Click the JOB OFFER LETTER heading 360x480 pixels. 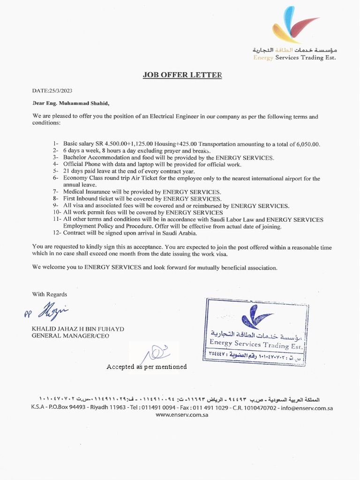(x=182, y=75)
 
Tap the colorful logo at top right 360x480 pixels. (x=294, y=25)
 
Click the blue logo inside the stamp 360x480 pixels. (x=257, y=317)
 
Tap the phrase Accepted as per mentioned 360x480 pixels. (x=146, y=367)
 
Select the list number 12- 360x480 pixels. (x=57, y=232)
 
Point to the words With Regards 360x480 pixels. (x=49, y=294)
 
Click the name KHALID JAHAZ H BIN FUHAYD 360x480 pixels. (x=77, y=329)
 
